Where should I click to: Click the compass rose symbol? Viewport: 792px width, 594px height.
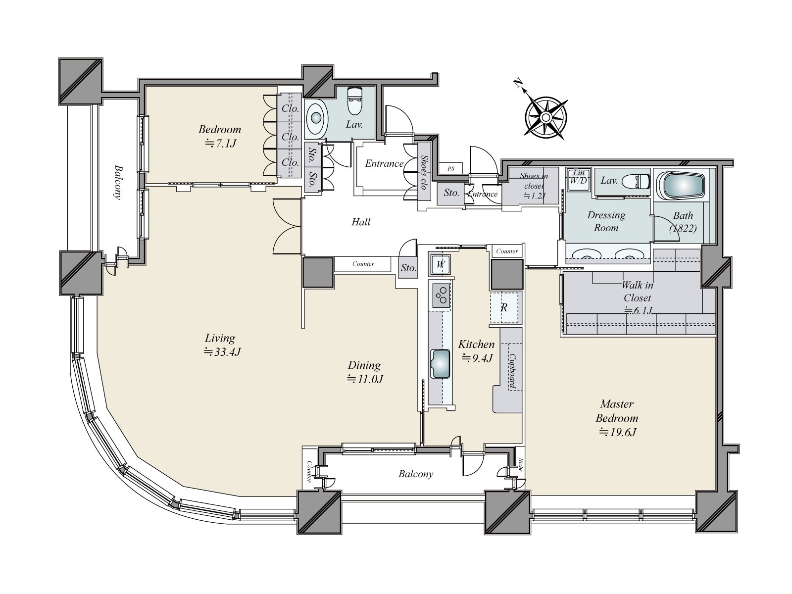pos(546,118)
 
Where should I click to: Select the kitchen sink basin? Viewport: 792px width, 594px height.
pos(440,364)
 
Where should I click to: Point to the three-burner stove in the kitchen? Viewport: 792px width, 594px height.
pos(441,296)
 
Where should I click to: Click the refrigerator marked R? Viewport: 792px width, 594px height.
pos(505,307)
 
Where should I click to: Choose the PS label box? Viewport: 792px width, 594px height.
pos(450,168)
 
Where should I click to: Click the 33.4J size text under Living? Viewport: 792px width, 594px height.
pos(222,351)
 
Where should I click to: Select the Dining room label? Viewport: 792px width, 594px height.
pos(364,365)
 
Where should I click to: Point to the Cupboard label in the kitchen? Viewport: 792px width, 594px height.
pos(512,371)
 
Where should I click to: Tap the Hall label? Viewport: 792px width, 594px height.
pos(361,222)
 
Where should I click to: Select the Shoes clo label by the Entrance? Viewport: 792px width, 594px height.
pos(424,172)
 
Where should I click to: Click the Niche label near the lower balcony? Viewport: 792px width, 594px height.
pos(520,464)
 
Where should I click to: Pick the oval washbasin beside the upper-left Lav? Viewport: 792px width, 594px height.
pos(316,118)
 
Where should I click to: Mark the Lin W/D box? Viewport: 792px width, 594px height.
pos(578,177)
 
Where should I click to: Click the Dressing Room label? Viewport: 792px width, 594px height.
pos(606,221)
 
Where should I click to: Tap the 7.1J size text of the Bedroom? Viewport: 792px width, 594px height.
pos(220,144)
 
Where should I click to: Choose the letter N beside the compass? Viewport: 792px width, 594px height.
pos(518,83)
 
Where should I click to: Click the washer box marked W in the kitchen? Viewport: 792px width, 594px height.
pos(441,264)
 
